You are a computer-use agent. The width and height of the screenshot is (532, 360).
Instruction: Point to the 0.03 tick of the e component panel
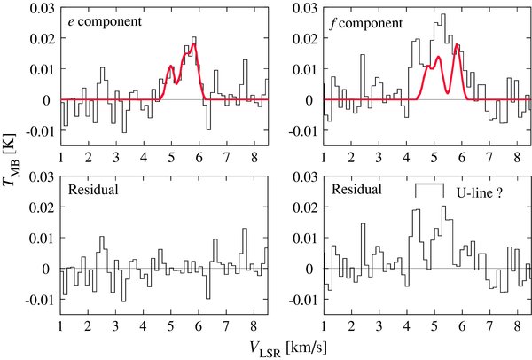[41, 6]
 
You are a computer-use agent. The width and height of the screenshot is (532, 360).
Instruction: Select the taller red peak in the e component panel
[193, 45]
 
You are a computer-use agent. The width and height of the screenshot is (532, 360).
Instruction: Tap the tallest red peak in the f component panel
[457, 45]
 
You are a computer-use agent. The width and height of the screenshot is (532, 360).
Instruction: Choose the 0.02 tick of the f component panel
[308, 37]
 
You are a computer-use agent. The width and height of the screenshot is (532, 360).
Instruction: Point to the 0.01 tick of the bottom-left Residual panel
[41, 238]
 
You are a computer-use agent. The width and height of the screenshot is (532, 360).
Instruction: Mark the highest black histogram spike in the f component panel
[442, 15]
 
